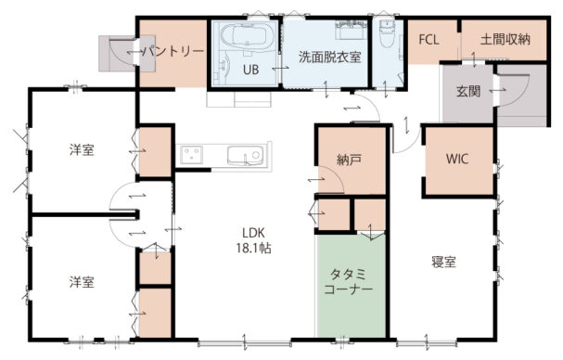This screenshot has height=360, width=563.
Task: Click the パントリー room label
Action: [x=173, y=52]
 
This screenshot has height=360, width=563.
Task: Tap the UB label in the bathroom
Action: [x=250, y=70]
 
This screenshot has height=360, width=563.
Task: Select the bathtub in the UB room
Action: [x=247, y=37]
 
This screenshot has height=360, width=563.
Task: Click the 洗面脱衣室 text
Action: [x=329, y=58]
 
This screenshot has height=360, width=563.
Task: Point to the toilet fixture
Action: [x=387, y=34]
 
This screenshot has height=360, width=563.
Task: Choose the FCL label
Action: [x=429, y=40]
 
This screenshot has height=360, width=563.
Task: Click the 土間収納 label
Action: [x=505, y=40]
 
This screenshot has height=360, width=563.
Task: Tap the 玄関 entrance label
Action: [x=468, y=91]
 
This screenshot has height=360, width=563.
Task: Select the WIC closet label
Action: [x=456, y=159]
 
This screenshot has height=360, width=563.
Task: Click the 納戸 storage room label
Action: [x=349, y=160]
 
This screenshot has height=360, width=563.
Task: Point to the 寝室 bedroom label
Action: [x=443, y=262]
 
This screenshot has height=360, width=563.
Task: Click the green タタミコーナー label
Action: [x=348, y=282]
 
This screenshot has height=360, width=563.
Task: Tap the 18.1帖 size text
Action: [x=253, y=248]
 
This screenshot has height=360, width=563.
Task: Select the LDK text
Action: [x=253, y=233]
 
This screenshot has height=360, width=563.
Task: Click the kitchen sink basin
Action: [x=245, y=156]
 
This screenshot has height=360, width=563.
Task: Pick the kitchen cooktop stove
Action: [x=191, y=155]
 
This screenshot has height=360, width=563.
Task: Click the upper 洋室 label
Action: [x=82, y=149]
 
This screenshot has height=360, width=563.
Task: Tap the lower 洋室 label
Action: [x=82, y=282]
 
